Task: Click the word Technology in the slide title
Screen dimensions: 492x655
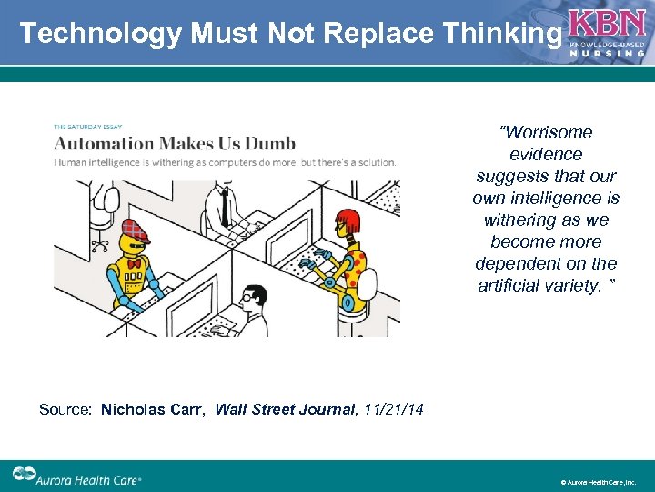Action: click(x=100, y=34)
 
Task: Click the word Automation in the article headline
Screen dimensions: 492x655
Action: click(x=104, y=143)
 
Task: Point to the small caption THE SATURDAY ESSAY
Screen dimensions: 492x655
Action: click(x=88, y=127)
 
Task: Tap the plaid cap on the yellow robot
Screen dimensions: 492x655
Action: click(x=135, y=227)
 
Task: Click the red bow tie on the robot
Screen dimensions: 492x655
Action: click(x=136, y=264)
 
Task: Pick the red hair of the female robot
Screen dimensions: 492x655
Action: click(x=348, y=220)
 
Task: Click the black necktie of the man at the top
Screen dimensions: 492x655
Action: click(x=223, y=210)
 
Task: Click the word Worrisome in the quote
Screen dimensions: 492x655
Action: click(x=546, y=133)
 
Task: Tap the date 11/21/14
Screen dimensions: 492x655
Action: click(x=393, y=410)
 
